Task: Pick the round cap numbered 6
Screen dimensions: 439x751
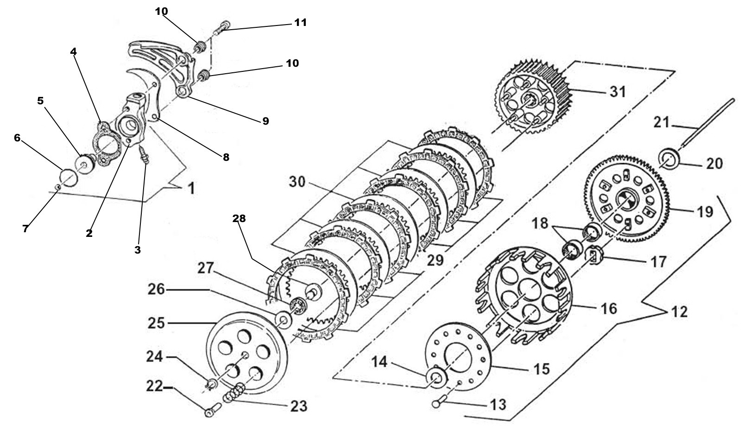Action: (69, 176)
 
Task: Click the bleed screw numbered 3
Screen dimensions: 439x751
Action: (145, 155)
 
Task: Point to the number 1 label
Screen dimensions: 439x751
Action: (190, 189)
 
